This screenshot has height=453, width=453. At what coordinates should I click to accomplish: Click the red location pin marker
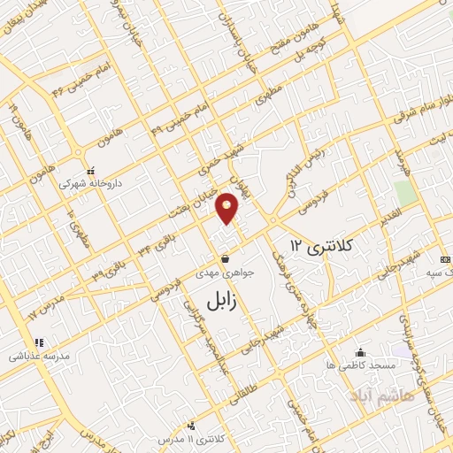click(x=228, y=208)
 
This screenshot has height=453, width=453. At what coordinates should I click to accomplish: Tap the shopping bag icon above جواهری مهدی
click(x=227, y=259)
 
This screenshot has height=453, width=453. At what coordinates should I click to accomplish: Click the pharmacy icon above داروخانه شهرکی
click(x=90, y=172)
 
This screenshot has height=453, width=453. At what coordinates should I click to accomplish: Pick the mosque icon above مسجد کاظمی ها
click(x=358, y=351)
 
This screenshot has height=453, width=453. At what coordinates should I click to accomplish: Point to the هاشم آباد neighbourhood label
click(x=380, y=390)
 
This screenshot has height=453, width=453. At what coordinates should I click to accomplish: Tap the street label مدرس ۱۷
click(x=45, y=304)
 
